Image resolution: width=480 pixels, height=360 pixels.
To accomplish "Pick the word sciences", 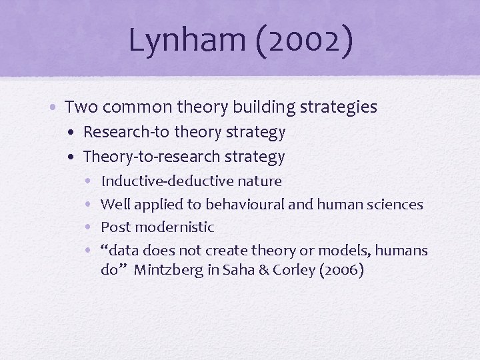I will click(x=396, y=204).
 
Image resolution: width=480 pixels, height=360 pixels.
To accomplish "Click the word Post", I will click(x=115, y=227).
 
